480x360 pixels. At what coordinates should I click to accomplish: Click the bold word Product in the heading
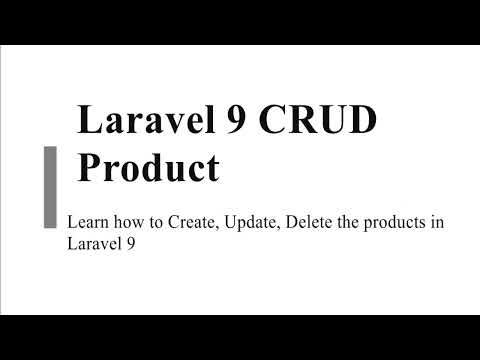(x=148, y=167)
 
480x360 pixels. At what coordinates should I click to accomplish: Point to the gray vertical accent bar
(x=49, y=185)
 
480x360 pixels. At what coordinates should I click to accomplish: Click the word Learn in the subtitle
(x=85, y=223)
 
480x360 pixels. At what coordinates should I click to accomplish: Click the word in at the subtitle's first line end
(x=437, y=223)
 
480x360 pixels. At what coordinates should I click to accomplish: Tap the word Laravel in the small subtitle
(x=88, y=242)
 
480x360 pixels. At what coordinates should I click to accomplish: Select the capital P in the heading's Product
(x=91, y=167)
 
